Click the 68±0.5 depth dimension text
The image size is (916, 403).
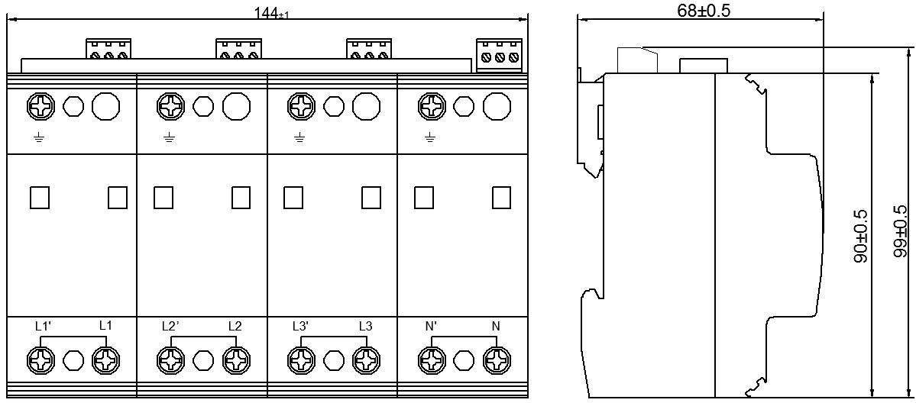point(701,10)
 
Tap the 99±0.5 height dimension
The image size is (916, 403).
point(904,233)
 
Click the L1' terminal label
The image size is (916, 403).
point(43,326)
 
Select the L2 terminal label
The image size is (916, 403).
point(235,326)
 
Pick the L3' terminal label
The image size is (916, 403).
point(301,326)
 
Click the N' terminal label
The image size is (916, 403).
point(432,326)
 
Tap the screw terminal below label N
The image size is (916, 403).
point(497,359)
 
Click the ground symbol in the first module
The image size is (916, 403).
point(39,137)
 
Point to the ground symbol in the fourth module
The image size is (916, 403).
point(430,137)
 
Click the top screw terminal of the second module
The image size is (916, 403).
point(170,106)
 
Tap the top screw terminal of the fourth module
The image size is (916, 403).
point(432,106)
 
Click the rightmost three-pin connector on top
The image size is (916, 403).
point(500,56)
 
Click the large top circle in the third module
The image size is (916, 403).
point(366,106)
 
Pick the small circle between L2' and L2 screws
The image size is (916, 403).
point(203,359)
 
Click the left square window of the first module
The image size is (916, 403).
point(40,198)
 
